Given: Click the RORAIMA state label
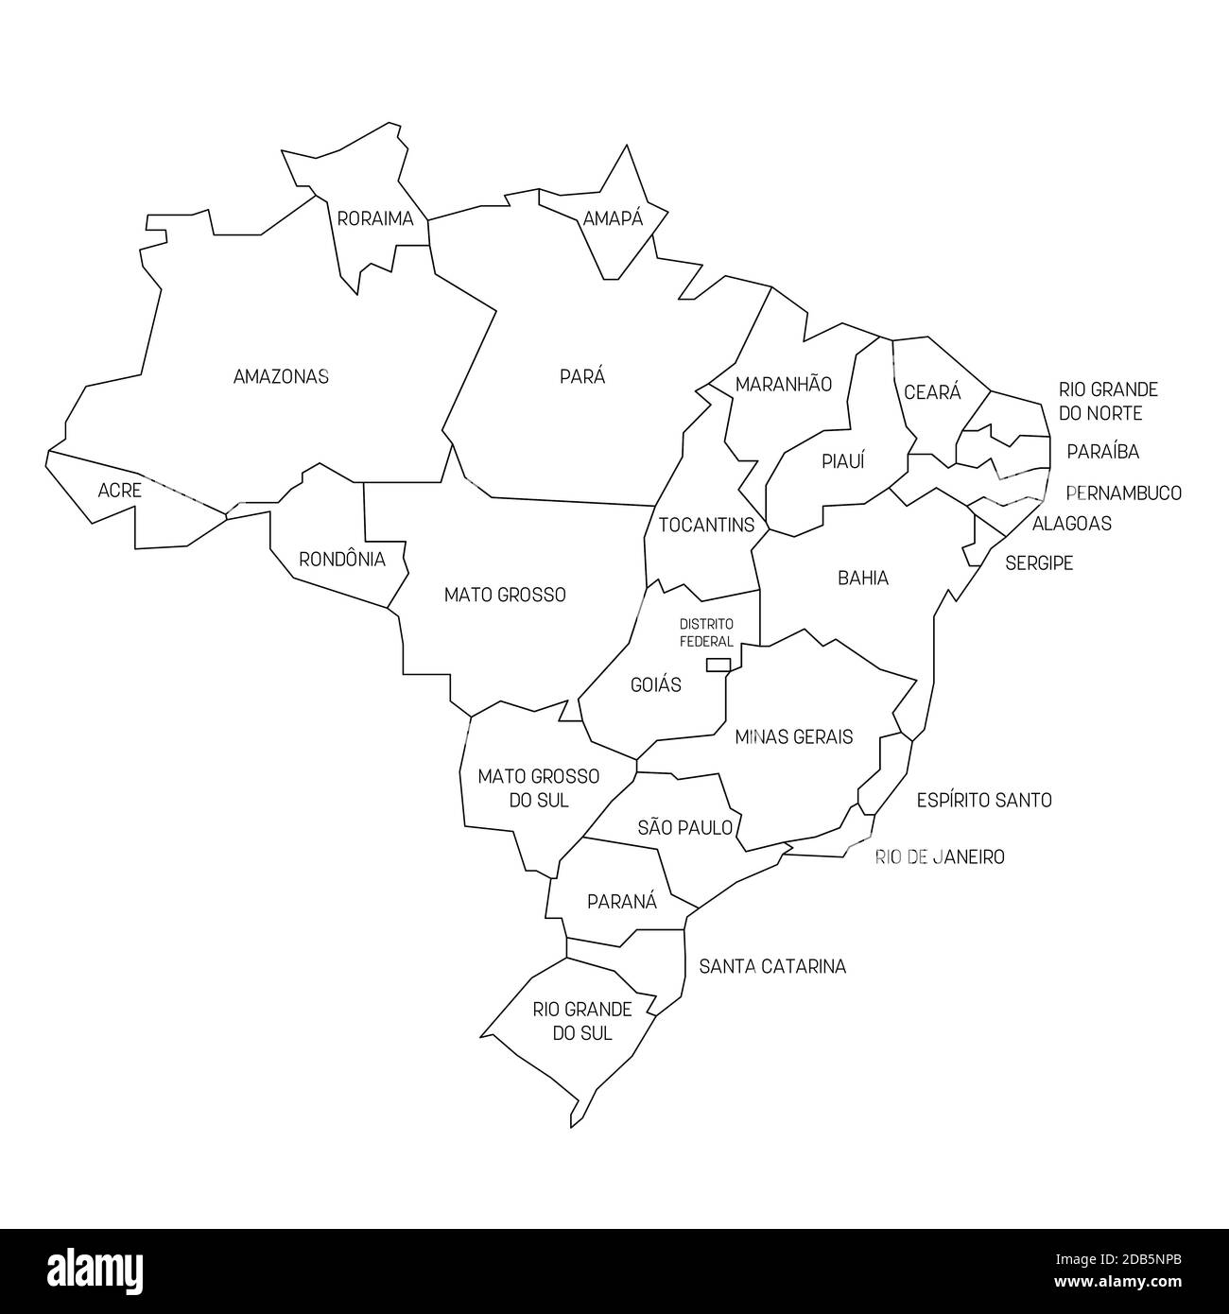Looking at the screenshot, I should point(375,219).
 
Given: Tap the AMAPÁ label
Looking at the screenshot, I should point(613,219).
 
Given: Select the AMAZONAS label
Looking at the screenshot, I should point(281,376).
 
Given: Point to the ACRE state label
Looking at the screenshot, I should point(120,491).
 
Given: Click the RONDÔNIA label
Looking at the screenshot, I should point(342,560).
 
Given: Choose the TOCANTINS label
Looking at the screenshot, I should point(706,525).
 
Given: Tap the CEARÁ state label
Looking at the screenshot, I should point(932,392).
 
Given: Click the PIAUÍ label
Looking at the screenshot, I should point(843,461).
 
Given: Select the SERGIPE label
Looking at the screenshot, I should point(1039,563).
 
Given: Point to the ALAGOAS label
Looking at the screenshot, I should point(1071,524).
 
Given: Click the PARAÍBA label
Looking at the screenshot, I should point(1102,452).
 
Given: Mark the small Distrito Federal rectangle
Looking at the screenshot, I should point(718,665).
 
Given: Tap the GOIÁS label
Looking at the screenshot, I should point(655,684).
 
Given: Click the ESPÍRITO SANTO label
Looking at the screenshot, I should point(984,801).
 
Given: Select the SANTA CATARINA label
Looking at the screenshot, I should point(772,967).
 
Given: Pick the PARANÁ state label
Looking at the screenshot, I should point(621,902).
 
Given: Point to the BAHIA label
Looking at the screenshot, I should point(863,578).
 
